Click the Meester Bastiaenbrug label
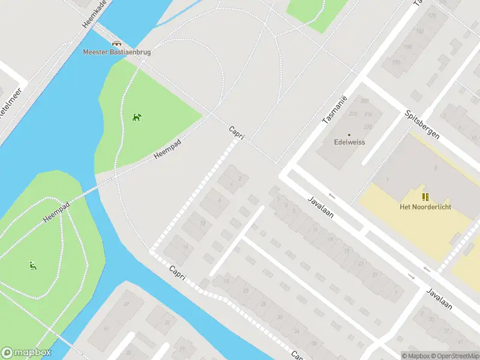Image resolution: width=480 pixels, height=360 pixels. (x=116, y=52)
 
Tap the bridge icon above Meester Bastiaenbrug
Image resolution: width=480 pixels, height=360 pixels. (x=116, y=43)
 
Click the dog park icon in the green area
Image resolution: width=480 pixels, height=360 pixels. (x=137, y=116)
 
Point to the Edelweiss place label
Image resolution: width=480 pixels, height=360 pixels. (x=349, y=143)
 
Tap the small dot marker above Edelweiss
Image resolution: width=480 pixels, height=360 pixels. (x=349, y=135)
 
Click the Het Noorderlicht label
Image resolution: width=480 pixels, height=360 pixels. (x=425, y=207)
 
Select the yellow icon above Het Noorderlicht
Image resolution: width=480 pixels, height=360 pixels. (x=425, y=197)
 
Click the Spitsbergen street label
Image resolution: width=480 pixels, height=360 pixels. (x=422, y=124)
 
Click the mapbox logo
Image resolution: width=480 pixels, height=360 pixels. (x=26, y=353)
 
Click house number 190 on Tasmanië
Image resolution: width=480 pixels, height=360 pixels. (x=395, y=62)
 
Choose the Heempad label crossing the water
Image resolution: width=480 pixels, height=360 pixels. (x=56, y=212)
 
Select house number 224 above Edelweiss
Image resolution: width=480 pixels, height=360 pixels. (x=368, y=127)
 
